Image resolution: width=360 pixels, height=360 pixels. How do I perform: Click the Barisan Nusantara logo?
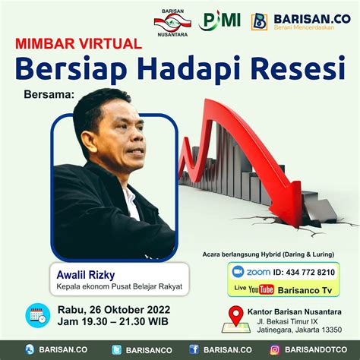(x=172, y=23)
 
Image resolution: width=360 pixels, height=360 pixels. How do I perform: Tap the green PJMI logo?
(x=219, y=21)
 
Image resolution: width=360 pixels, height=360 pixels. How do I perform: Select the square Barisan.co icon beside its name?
(x=259, y=22)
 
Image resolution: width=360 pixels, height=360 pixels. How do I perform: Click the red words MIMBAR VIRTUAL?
(x=78, y=43)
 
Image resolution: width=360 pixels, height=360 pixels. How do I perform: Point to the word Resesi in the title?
(x=298, y=68)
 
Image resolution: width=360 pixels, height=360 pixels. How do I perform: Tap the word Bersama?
(x=49, y=94)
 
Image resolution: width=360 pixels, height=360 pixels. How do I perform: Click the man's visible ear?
(x=87, y=143)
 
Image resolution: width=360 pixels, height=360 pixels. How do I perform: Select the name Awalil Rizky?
(x=86, y=275)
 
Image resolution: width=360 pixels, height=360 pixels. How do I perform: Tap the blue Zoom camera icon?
(x=238, y=272)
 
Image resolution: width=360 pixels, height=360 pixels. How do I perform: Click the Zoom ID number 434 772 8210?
(x=310, y=273)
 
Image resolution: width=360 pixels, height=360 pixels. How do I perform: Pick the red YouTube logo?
(x=261, y=289)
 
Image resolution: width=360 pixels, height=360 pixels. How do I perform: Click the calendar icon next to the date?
(x=38, y=315)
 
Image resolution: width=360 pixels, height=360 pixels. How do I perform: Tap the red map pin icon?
(x=235, y=315)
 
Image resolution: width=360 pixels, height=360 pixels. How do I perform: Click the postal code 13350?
(x=332, y=330)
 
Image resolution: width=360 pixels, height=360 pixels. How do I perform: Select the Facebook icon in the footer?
(x=194, y=349)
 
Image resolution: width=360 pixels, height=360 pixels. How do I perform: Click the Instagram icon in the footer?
(x=275, y=350)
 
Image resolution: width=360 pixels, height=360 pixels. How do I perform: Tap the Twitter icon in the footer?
(x=117, y=350)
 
